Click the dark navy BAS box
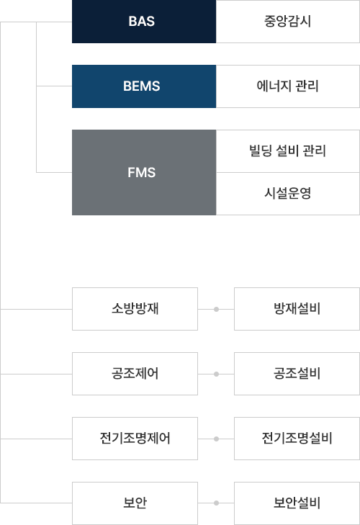tap(144, 22)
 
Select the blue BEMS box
tap(144, 86)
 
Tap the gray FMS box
tap(144, 172)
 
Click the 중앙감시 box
tap(288, 22)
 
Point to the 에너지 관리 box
tap(288, 86)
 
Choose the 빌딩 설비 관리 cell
tap(288, 151)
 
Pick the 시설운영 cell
tap(288, 194)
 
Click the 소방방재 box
tap(135, 309)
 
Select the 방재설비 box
tap(297, 309)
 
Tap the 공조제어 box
tap(135, 374)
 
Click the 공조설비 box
tap(297, 374)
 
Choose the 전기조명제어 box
tap(135, 439)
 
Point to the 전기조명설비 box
tap(297, 439)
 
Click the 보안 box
tap(135, 503)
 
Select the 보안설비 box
tap(297, 503)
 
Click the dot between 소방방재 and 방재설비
tap(216, 310)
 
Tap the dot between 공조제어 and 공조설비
tap(216, 374)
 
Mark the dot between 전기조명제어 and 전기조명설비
tap(216, 439)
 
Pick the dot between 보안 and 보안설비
tap(216, 503)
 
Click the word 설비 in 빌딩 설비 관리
tap(287, 151)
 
